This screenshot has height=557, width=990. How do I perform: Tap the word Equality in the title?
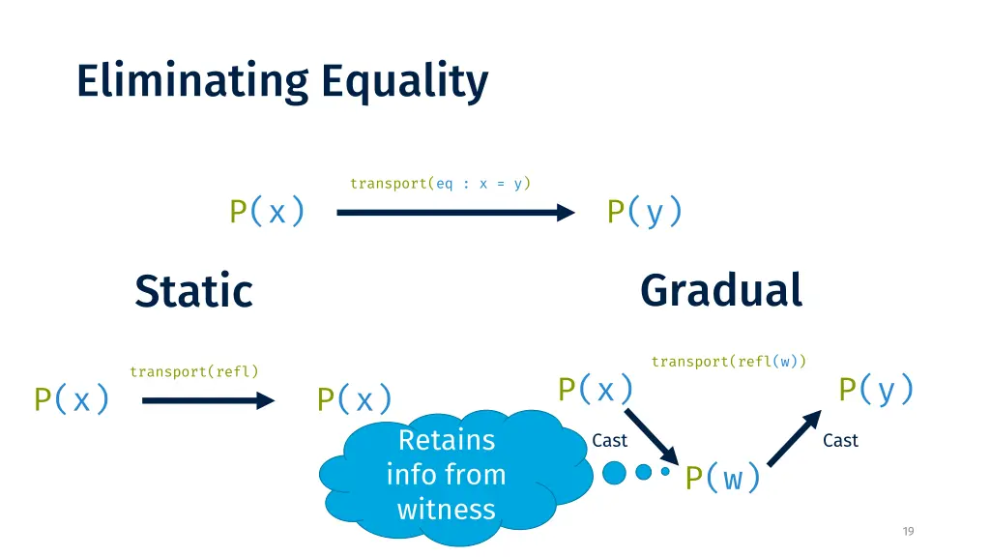405,82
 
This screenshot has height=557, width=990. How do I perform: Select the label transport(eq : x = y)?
440,183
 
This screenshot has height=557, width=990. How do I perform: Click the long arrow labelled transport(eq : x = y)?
456,212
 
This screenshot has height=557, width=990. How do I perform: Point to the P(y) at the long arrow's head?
645,211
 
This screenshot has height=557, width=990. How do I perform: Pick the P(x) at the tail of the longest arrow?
267,211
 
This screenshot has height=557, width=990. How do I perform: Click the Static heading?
193,291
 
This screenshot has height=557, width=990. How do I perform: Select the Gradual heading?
721,290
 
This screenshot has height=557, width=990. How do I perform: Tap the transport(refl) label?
194,371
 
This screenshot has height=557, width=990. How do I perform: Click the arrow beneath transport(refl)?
209,400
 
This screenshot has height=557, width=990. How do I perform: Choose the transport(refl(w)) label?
729,362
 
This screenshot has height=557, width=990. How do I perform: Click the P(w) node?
723,478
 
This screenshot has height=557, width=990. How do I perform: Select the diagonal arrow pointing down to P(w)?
652,437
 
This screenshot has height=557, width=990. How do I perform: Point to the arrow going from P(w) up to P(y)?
795,438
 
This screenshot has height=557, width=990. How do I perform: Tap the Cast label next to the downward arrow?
609,440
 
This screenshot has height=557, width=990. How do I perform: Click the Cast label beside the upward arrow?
840,440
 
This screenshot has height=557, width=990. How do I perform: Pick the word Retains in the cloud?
447,440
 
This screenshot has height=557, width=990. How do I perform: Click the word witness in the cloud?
447,509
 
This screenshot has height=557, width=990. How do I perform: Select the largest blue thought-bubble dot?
614,472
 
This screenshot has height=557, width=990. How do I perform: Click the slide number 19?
908,531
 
